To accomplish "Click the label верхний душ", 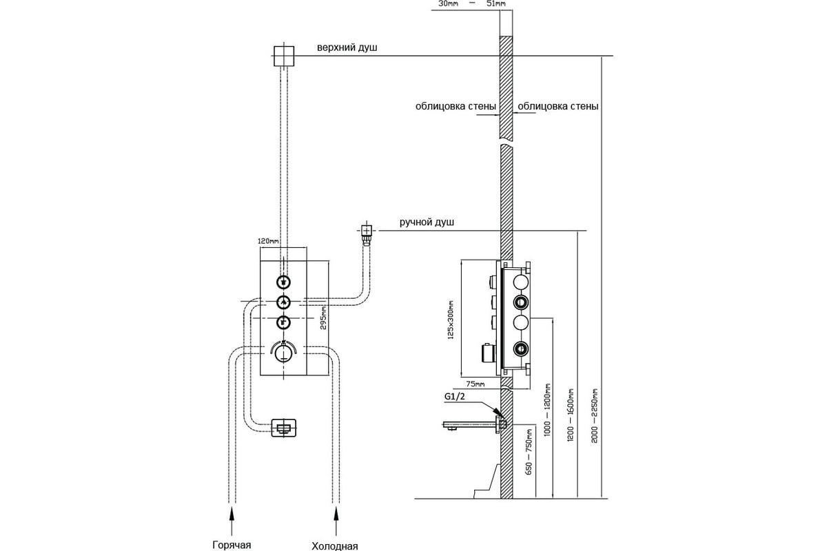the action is coord(347,48).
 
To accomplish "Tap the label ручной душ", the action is coord(427,222).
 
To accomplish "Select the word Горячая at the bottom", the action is coord(232,545).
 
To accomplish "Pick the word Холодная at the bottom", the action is coord(335,546).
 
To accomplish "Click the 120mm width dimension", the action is coord(268,241).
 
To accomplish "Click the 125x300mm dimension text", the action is coord(451,320).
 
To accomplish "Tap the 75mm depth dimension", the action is coord(475,384).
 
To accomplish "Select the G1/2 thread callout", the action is coord(454,397).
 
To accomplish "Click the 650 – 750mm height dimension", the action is coord(529,452).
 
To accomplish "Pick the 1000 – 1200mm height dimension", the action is coord(547,410).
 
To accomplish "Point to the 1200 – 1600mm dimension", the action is coord(571,415).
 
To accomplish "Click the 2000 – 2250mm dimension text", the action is coord(594,415).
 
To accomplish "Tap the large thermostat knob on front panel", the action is coord(283,353).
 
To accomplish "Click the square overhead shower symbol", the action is coord(284,56).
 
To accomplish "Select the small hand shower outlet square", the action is coord(366,231).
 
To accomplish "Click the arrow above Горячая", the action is coord(232,521).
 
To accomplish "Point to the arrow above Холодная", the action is coord(336,521).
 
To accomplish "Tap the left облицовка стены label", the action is coord(456,107).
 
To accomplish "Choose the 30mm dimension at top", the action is coord(448,3).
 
